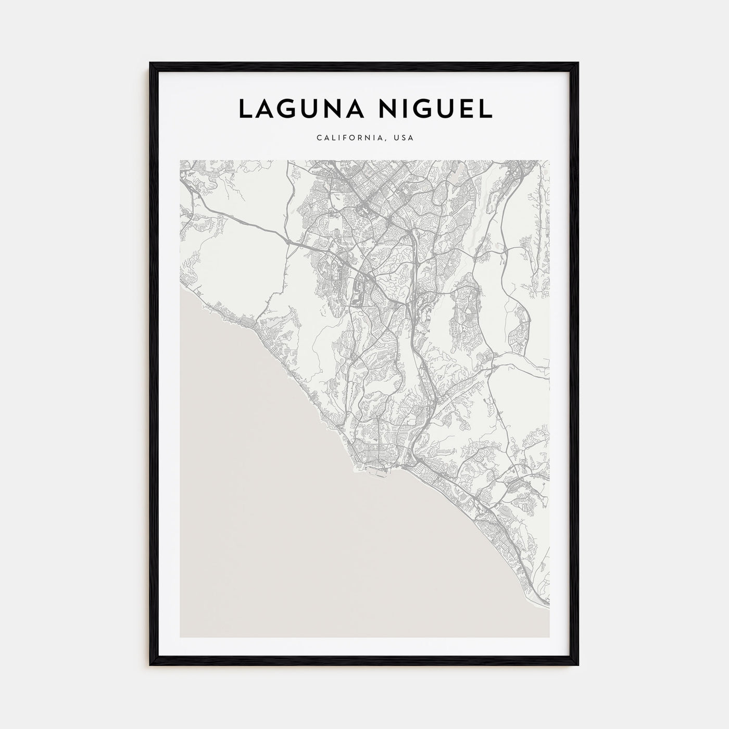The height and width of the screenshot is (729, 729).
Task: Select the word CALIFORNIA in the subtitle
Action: [x=351, y=139]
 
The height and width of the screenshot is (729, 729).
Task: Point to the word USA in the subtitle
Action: [x=404, y=139]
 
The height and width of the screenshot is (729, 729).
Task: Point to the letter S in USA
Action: [x=404, y=139]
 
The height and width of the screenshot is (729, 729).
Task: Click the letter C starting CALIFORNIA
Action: [x=318, y=139]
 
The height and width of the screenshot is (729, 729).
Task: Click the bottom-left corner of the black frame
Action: [x=151, y=664]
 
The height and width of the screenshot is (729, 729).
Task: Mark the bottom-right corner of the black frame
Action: [x=577, y=664]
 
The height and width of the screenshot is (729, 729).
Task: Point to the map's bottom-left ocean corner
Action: [x=181, y=636]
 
